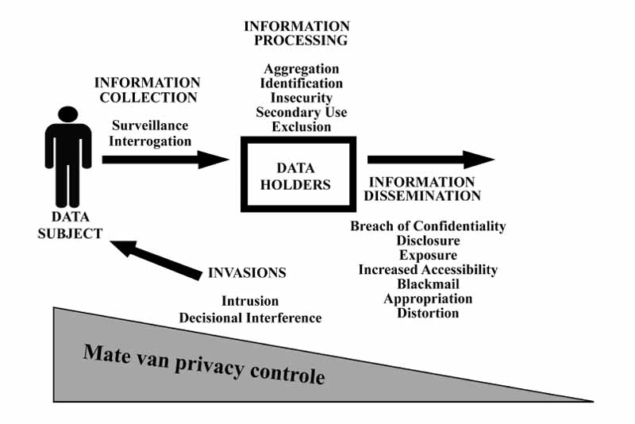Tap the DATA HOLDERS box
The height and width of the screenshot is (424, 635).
pos(297,175)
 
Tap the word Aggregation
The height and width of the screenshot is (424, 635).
pos(302,69)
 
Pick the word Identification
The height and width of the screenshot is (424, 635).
pos(302,83)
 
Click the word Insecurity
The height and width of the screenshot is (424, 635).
pos(302,98)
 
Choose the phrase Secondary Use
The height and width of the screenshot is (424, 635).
pos(302,112)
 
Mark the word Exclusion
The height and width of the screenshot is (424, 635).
pos(302,126)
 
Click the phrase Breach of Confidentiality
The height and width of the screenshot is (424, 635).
pos(428,226)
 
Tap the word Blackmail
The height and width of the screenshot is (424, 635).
pos(428,283)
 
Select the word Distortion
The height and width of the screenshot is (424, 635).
pos(428,312)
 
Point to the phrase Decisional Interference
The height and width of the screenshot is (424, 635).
pos(250,317)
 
